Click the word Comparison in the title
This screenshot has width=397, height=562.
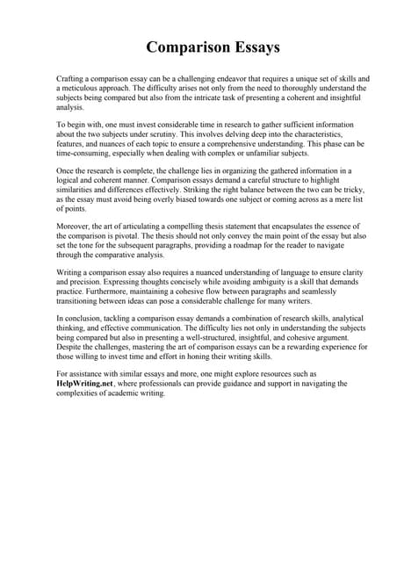point(181,47)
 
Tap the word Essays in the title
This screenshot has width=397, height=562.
point(254,47)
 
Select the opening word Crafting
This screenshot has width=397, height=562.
point(71,79)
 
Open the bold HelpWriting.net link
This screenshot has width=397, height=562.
point(84,384)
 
